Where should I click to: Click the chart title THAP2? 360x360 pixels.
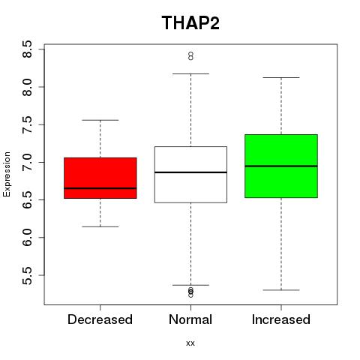(x=190, y=22)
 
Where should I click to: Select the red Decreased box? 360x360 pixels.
(x=100, y=178)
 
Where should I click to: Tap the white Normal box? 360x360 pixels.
(x=190, y=175)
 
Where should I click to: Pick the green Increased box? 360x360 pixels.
(x=281, y=166)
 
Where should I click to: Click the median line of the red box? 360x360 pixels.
(x=100, y=188)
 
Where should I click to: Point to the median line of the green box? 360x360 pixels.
(x=281, y=166)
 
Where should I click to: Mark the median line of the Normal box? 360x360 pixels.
(x=190, y=172)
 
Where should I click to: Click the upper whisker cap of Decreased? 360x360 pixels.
(x=100, y=120)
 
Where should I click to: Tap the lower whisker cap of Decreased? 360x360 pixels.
(x=100, y=226)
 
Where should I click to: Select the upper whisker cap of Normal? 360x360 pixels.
(x=190, y=73)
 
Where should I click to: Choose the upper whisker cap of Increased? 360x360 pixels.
(x=281, y=77)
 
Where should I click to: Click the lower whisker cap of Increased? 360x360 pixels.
(x=281, y=290)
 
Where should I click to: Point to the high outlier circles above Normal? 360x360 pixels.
(x=190, y=56)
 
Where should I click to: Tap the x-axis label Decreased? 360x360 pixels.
(x=100, y=319)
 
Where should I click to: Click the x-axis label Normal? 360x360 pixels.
(x=190, y=319)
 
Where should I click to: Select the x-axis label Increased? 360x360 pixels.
(x=281, y=319)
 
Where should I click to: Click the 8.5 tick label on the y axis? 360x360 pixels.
(x=27, y=49)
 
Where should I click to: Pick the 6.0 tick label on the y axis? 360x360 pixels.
(x=27, y=238)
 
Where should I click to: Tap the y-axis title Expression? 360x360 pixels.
(x=7, y=174)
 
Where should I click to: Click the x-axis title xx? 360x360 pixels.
(x=190, y=343)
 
